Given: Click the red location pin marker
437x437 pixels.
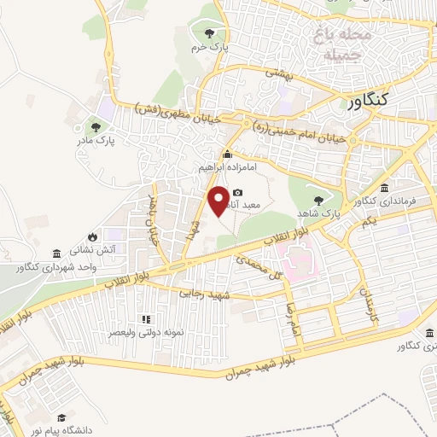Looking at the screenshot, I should pos(219,200).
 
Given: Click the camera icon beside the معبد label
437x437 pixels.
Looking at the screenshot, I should pos(237,193).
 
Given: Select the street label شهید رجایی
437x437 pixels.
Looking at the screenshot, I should pos(201,293).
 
